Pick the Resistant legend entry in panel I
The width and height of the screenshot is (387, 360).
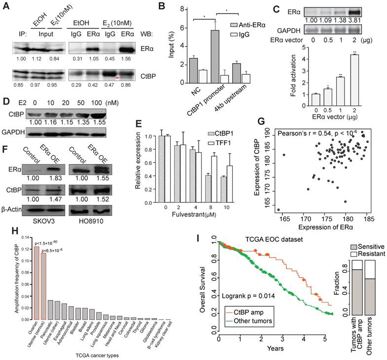[367, 252]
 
